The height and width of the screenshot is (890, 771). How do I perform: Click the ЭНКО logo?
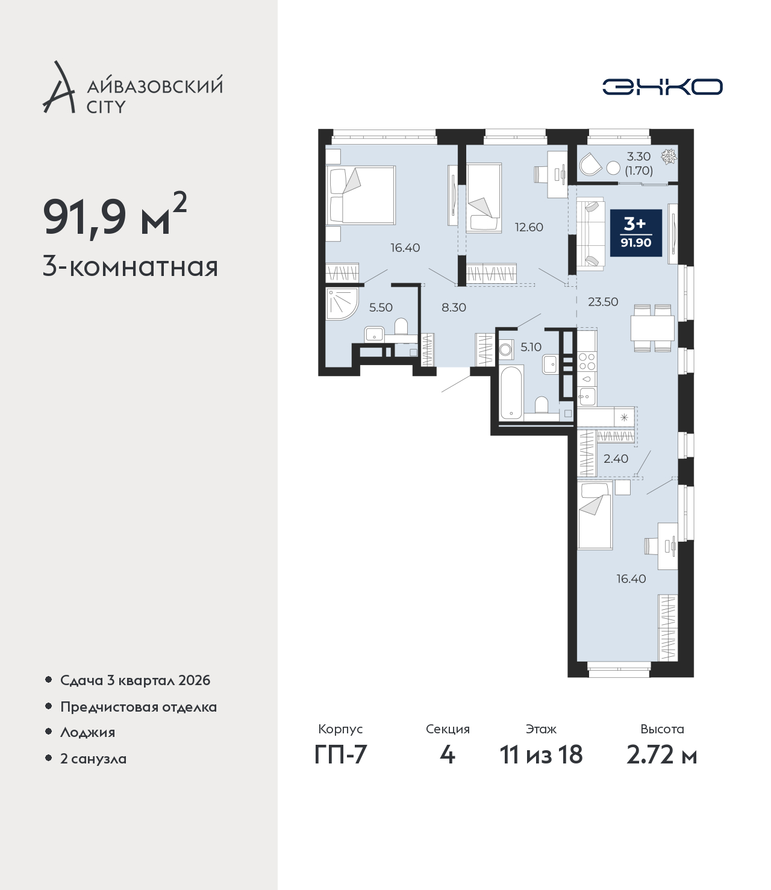click(x=662, y=87)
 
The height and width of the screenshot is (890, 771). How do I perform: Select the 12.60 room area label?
click(x=529, y=227)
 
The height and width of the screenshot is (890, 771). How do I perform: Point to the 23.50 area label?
click(x=603, y=301)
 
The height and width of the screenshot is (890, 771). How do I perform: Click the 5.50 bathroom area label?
click(x=381, y=307)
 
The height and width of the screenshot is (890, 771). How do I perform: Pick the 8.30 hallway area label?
click(x=454, y=307)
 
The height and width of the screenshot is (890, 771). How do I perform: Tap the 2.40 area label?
click(x=616, y=459)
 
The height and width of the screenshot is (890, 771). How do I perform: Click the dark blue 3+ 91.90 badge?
click(x=636, y=233)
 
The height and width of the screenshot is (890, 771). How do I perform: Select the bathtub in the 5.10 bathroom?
click(x=511, y=392)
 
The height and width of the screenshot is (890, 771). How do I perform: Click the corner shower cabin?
click(x=342, y=304)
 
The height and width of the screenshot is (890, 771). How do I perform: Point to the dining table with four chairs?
click(x=652, y=328)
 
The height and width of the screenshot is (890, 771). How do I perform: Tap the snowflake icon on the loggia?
click(x=669, y=157)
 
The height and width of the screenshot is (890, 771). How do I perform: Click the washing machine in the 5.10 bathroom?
click(x=506, y=349)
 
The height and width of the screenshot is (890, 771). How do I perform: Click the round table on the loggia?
click(x=613, y=168)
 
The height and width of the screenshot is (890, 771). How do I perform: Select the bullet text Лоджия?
click(x=88, y=732)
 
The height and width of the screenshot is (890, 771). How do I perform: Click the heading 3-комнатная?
click(x=131, y=267)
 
